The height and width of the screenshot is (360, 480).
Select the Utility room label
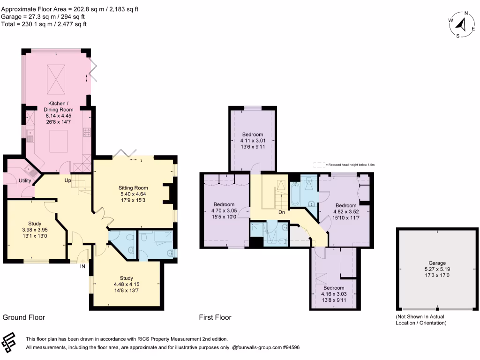click(25, 180)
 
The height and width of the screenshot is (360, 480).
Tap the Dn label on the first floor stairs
click(282, 212)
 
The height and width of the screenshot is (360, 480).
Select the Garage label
click(437, 263)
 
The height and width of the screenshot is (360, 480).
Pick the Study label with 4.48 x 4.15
click(127, 277)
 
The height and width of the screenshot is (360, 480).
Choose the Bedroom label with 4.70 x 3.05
click(225, 204)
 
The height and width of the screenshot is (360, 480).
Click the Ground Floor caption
click(24, 317)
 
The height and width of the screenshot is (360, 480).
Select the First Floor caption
click(215, 317)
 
